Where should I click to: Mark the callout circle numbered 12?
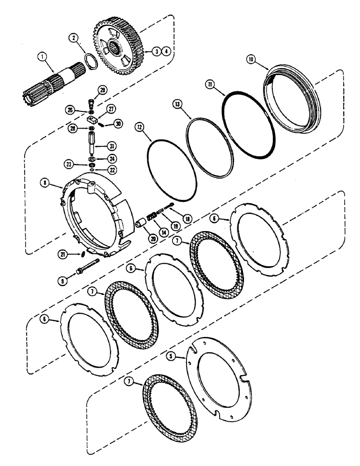pos(138,126)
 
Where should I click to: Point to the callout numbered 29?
pos(102,89)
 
